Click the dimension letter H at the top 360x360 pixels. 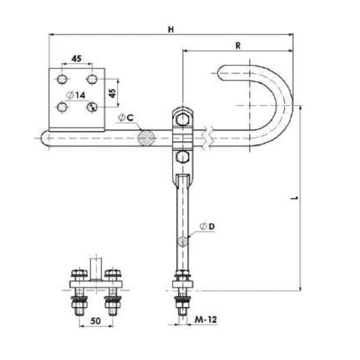[171, 29]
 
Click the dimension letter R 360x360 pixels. [238, 46]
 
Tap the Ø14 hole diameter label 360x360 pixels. [76, 95]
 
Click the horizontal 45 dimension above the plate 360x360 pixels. [76, 58]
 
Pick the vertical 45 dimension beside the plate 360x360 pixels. [112, 93]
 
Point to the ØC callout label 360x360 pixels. [126, 118]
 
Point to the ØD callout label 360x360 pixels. [207, 227]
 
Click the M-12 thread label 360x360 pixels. [206, 319]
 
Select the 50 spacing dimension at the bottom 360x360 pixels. [95, 321]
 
